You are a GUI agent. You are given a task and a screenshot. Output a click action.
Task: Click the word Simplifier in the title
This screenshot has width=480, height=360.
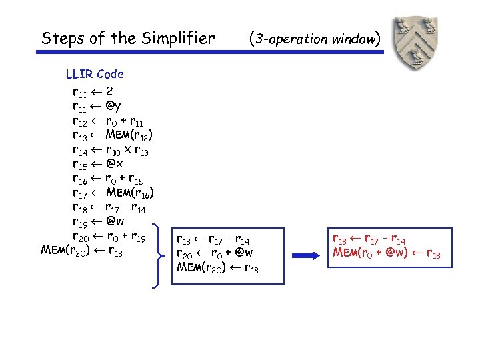click(x=177, y=39)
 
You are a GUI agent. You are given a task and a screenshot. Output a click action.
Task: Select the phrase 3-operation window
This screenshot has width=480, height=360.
click(x=315, y=39)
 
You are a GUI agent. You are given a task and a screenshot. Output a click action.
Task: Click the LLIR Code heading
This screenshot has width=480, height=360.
click(x=94, y=74)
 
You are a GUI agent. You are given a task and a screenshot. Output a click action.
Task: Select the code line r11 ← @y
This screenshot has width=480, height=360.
click(x=96, y=105)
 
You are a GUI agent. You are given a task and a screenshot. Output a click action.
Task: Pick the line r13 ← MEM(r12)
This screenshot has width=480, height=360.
click(x=113, y=135)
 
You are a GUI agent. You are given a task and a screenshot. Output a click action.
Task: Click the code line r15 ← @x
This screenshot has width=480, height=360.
click(x=96, y=164)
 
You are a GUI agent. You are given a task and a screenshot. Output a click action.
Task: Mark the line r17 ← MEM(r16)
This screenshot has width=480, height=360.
click(x=113, y=193)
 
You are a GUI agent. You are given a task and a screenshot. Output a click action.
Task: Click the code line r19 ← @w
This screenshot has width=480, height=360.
click(x=97, y=222)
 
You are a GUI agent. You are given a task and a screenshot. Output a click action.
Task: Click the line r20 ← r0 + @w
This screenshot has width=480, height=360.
click(x=214, y=253)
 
